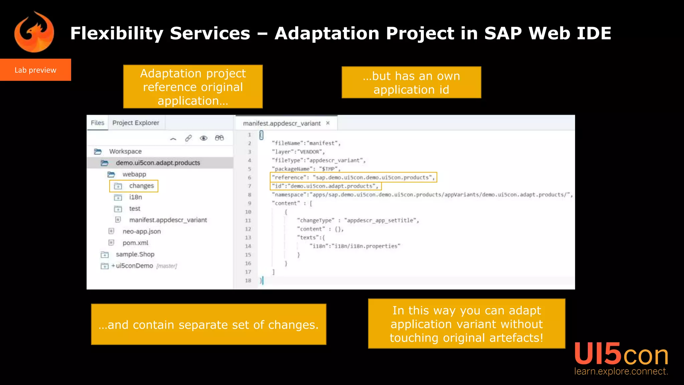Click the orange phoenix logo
tap(34, 32)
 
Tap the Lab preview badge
tap(35, 70)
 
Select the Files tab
tap(98, 123)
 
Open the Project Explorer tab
tap(136, 123)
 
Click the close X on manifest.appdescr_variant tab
tap(328, 123)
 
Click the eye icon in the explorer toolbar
tap(203, 138)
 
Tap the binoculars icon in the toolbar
tap(219, 138)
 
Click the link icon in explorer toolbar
tap(188, 138)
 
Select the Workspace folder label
tap(125, 151)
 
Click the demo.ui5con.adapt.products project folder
tap(158, 163)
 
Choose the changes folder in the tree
tap(141, 186)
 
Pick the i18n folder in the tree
tap(135, 197)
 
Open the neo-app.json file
tap(141, 231)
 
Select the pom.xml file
tap(135, 243)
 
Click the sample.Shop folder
tap(135, 254)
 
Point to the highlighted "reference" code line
tap(353, 177)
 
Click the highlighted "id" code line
tap(325, 186)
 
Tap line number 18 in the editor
tap(248, 280)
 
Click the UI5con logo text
tap(621, 355)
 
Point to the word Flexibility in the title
tap(117, 33)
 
